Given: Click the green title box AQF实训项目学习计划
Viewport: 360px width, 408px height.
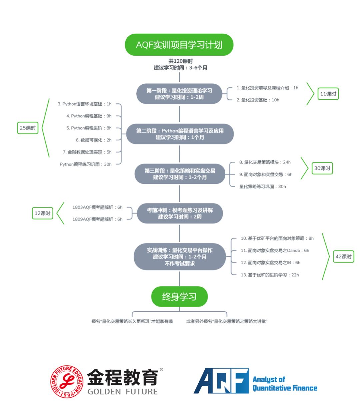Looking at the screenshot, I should pos(179,45).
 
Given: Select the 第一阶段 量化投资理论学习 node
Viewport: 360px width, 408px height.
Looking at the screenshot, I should pos(179,94).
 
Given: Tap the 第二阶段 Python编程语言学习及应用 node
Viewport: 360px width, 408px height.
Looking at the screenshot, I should pos(180,134).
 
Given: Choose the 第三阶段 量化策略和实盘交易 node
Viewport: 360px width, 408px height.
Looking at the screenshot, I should pos(180,174).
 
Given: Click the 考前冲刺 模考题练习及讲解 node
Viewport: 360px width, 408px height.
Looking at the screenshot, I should pos(180,213).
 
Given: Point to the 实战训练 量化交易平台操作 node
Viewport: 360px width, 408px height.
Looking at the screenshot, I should pos(180,257).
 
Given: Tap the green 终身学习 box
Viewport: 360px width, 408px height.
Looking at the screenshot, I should pos(179,296).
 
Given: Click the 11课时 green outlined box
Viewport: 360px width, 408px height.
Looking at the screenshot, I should pos(328,94).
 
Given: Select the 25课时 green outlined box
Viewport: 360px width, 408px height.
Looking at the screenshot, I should pos(28,128).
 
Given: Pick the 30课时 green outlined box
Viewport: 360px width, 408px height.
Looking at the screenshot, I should pos(322,168).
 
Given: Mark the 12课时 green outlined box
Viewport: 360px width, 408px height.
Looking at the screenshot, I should pos(42,213).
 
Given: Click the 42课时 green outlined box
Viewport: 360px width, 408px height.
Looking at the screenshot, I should pos(343,257).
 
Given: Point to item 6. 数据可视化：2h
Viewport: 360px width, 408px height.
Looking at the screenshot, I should pos(94,140).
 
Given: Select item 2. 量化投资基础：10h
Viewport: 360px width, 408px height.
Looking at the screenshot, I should pos(258,100).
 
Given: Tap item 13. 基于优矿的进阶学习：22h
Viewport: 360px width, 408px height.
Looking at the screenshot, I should pos(270,275).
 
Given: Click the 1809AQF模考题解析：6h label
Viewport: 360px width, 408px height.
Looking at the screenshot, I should pos(97,219).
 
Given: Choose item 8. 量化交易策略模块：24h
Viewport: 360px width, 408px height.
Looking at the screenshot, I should pos(265,162).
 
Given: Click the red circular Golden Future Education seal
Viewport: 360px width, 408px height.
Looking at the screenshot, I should pos(67,381).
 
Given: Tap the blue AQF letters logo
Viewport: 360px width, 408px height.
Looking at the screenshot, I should pos(221,381).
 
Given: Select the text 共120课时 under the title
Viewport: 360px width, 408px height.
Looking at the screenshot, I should pos(180,61).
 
